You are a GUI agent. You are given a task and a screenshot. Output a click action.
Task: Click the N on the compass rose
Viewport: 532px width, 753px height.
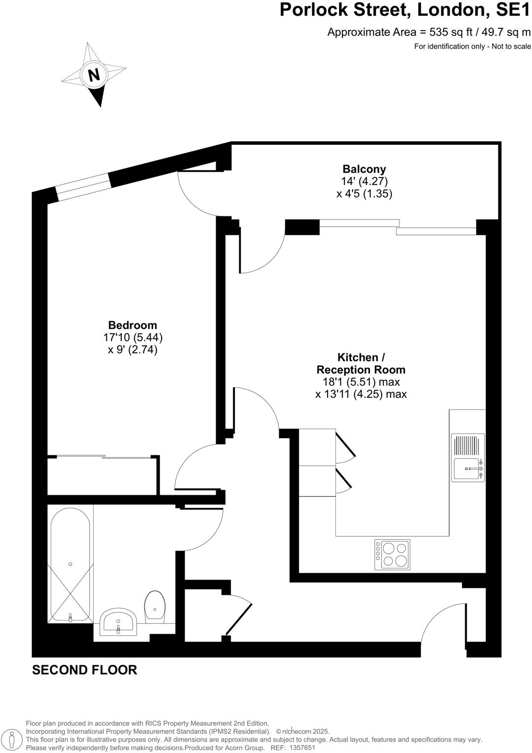(94, 75)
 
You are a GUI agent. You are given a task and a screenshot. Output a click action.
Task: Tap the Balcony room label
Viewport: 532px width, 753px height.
(364, 170)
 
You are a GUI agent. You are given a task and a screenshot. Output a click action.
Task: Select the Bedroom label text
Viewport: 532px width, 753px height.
(133, 325)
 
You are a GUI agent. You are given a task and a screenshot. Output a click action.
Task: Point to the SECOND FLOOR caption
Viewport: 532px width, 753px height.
(84, 670)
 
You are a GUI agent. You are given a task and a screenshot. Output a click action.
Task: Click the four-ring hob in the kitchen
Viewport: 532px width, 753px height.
(392, 554)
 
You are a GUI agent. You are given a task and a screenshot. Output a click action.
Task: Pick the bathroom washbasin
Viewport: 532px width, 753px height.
(118, 622)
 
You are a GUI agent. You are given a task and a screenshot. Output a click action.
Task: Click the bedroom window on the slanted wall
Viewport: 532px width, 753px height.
(84, 188)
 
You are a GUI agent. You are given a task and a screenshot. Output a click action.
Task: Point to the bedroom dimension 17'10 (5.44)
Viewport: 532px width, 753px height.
(133, 338)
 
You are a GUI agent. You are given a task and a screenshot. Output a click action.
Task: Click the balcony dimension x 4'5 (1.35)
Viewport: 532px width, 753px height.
(364, 194)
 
